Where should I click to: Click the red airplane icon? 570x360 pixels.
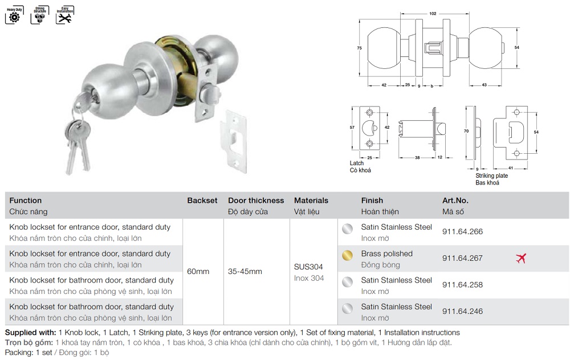coord(520,258)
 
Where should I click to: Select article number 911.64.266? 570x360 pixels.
coord(462,232)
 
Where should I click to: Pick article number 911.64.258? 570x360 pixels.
coord(462,285)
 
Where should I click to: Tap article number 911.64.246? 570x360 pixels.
coord(462,312)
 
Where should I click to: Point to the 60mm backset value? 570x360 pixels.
coord(198,271)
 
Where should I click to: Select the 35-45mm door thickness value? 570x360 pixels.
coord(245,271)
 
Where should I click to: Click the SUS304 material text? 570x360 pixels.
coord(308,267)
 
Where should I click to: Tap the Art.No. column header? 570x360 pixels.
coord(455,201)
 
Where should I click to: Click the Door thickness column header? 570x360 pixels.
coord(256,201)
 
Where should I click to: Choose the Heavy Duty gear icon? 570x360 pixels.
coord(14,15)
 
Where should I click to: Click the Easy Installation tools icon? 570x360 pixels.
coord(64,15)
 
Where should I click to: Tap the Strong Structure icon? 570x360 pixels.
coord(39,15)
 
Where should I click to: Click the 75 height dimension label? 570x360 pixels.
coord(360,48)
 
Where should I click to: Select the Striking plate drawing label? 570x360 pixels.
coord(491,176)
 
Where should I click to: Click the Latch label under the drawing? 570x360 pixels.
coord(356,163)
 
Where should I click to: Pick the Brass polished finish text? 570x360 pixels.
coord(386,253)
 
